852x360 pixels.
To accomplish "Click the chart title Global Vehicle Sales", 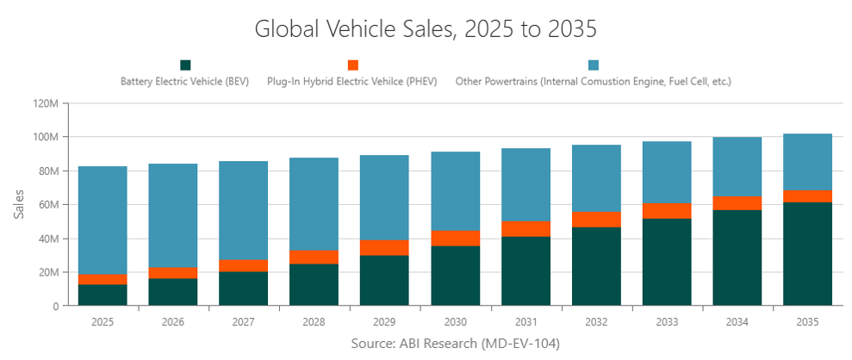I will (426, 28).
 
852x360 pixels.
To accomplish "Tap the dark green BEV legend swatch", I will (185, 65).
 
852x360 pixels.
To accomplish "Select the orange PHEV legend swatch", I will (352, 65).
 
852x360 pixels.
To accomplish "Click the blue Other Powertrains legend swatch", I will (593, 65).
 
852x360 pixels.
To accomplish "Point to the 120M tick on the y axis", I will (46, 103).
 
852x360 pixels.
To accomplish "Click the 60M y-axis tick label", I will (47, 205).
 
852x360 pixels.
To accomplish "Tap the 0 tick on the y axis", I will (54, 306).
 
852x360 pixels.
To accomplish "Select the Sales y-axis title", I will (19, 204).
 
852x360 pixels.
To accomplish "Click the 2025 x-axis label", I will (103, 321).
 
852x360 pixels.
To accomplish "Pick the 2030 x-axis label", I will (456, 321).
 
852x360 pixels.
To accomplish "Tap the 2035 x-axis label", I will (808, 321).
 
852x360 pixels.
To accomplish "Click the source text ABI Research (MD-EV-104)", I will (456, 344).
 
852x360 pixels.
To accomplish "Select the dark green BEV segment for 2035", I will (808, 254).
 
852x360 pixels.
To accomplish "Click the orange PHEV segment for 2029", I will (385, 248).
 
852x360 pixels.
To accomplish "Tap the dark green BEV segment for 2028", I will (314, 284).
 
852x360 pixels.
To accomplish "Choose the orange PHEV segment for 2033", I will (667, 211).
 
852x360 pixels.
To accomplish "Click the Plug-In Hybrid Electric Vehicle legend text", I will (352, 82).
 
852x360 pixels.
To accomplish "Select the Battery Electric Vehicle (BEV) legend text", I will (185, 82).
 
